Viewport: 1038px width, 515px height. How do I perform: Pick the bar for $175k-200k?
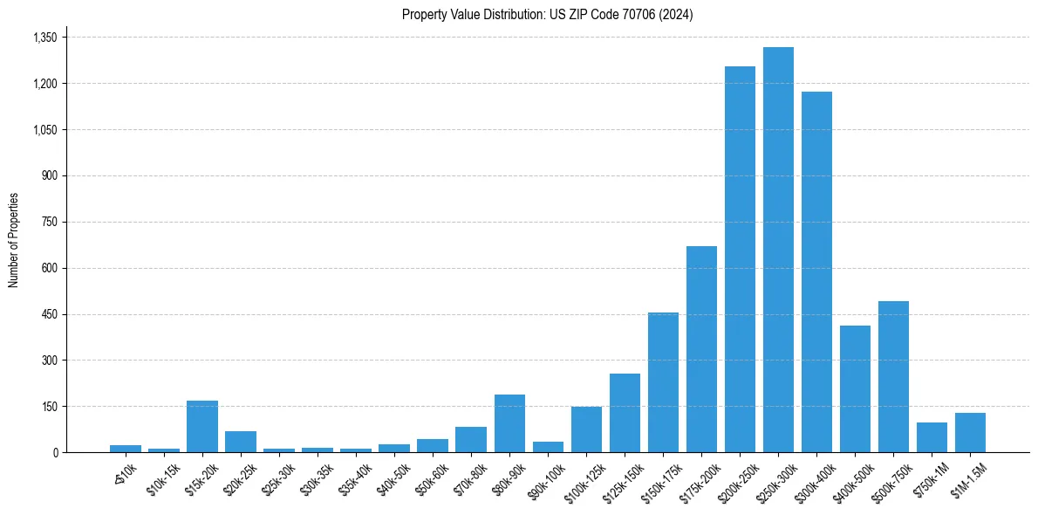(701, 349)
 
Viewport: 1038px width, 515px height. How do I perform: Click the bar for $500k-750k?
(893, 376)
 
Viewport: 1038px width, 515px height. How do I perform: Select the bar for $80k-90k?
(509, 423)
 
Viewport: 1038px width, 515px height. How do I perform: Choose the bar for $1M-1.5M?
(970, 432)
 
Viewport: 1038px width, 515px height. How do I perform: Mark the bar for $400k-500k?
(855, 388)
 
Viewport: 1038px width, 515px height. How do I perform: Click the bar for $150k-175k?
(663, 382)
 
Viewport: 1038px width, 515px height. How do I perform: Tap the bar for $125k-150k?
(625, 413)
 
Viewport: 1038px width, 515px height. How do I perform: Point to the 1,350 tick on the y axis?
(44, 38)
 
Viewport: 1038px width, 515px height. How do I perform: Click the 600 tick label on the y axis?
(50, 268)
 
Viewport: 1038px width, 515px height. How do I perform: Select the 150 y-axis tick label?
(50, 407)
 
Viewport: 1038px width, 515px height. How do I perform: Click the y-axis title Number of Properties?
(13, 240)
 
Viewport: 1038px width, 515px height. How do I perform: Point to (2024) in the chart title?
(675, 14)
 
